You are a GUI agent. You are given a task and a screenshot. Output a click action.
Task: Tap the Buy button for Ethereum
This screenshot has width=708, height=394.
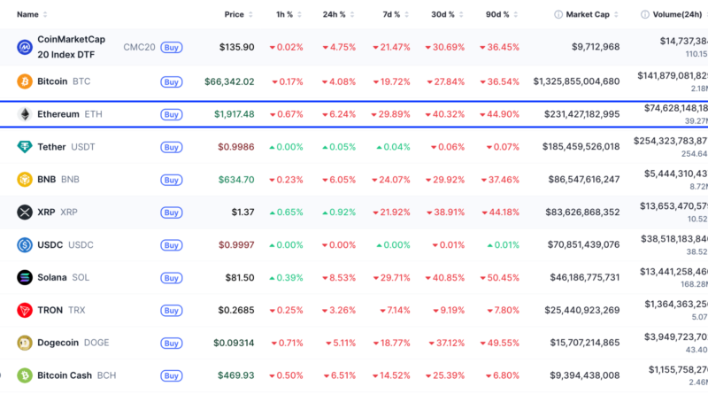pyautogui.click(x=172, y=115)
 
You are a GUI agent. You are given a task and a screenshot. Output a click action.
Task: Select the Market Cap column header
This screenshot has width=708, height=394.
pyautogui.click(x=587, y=14)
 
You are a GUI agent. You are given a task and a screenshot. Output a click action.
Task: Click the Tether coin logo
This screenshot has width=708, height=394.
pyautogui.click(x=25, y=147)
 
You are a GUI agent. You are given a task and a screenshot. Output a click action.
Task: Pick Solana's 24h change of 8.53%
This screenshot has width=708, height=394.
pyautogui.click(x=342, y=277)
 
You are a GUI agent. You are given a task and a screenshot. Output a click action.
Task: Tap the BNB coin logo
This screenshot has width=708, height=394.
pyautogui.click(x=25, y=180)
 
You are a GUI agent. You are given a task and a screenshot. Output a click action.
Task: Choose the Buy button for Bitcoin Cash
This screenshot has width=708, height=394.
pyautogui.click(x=172, y=375)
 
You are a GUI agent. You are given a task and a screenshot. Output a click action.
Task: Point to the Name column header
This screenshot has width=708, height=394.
pyautogui.click(x=27, y=14)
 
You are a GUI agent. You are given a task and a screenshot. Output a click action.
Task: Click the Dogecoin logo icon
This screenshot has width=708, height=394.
pyautogui.click(x=25, y=343)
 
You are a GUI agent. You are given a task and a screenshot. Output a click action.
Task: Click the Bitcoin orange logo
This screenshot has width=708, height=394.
pyautogui.click(x=25, y=81)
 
